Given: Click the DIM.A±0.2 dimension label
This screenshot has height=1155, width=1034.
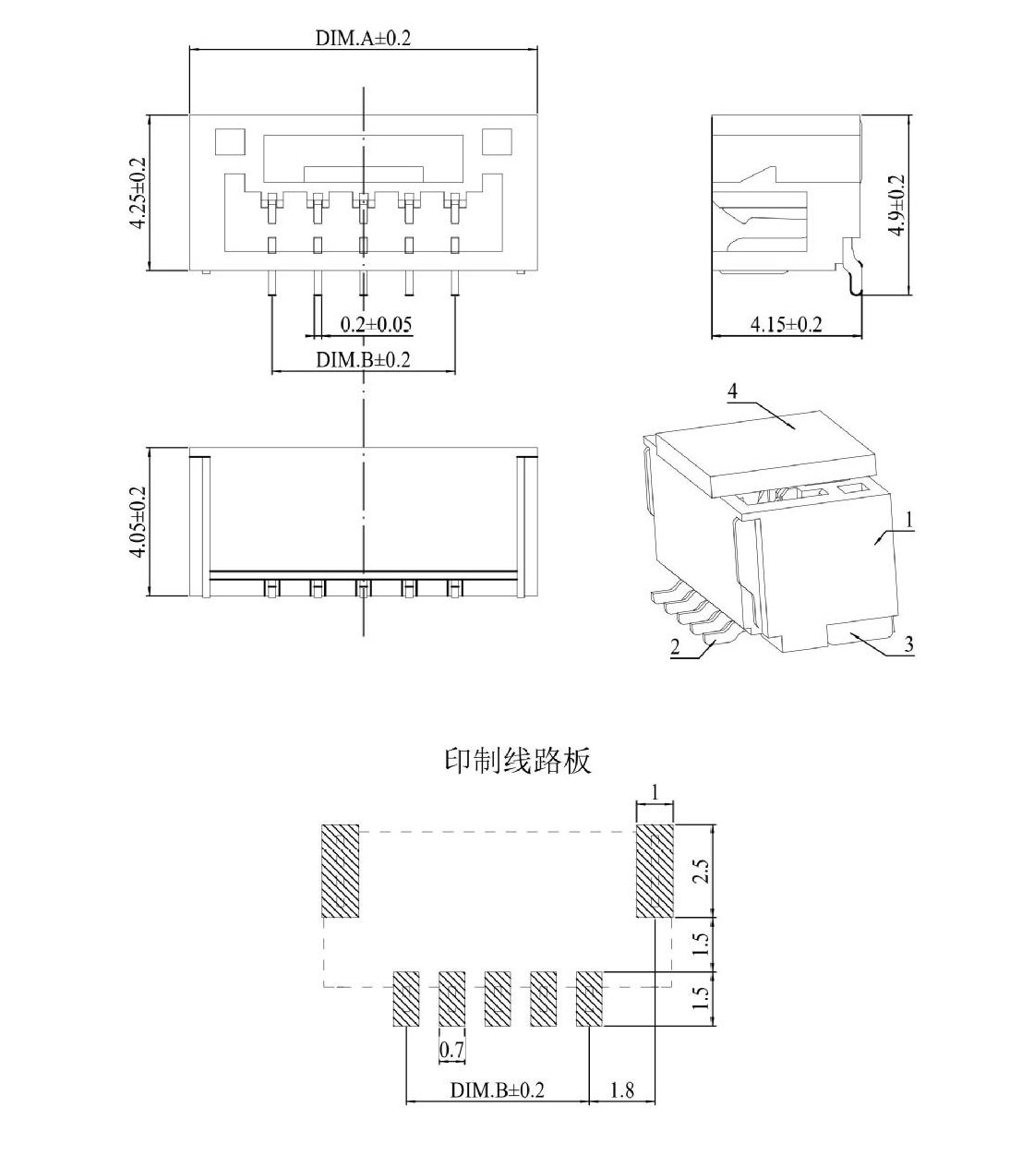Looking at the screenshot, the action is point(363,38).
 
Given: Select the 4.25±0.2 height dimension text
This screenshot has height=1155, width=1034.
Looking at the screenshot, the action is point(138,193).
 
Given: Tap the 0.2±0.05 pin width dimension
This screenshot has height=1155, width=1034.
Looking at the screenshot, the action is point(376,324).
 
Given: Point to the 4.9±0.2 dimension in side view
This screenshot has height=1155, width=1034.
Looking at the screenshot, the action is point(896,205).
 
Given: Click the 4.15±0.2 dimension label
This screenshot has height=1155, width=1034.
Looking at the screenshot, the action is point(786,324).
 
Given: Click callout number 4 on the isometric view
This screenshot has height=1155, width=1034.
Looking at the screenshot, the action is point(732,391).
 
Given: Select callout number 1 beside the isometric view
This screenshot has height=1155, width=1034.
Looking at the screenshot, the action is point(909,520).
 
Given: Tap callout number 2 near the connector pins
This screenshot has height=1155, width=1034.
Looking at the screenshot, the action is point(676,646).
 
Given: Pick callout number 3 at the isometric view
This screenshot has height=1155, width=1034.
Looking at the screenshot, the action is point(909,644).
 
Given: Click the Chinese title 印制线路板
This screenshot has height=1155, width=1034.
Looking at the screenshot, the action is point(518,761).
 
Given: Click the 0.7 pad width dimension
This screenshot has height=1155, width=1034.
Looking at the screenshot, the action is point(451,1049).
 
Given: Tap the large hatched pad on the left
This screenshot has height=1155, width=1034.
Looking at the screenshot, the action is point(341,871).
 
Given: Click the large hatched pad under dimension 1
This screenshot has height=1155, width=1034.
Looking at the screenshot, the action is point(655,871).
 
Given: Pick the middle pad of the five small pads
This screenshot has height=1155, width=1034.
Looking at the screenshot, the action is point(498,999).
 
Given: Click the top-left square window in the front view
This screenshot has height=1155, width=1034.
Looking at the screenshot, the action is point(230,142).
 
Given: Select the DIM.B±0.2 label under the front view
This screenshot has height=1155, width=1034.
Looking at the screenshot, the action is point(363,360).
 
